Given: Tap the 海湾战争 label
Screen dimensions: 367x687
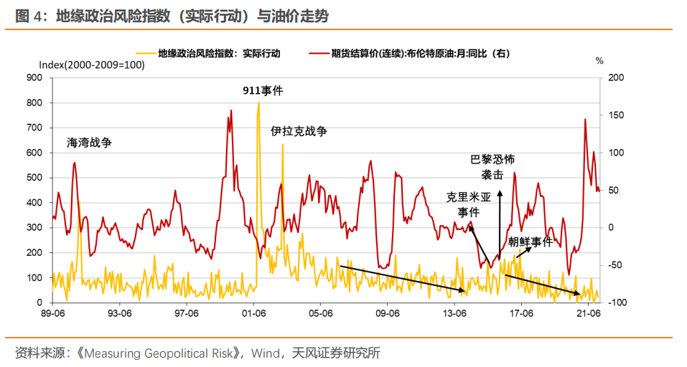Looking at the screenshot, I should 89,143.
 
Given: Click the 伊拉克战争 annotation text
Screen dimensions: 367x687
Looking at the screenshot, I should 299,132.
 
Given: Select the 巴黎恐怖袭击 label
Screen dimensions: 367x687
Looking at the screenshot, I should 492,166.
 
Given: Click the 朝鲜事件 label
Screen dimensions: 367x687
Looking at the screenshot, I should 531,242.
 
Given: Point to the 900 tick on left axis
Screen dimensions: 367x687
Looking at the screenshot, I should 34,77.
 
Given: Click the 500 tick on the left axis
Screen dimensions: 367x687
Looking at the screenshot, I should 34,178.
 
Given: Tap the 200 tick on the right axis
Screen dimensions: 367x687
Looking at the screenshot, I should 616,77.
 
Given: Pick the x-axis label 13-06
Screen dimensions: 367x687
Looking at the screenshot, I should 454,313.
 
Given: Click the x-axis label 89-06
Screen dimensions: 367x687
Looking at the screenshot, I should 52,313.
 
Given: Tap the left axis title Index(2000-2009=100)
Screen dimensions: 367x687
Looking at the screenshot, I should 91,65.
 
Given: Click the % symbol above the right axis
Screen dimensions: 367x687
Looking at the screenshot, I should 599,61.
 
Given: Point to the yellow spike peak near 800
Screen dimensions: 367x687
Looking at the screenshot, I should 258,103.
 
